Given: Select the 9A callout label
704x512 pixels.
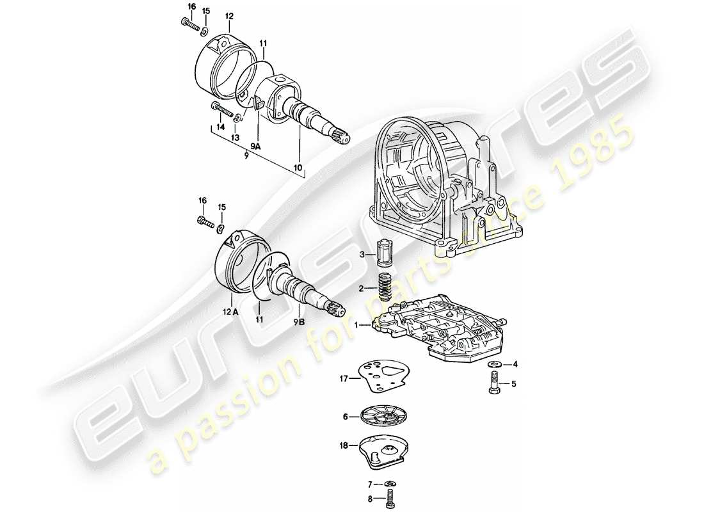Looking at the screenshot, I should (x=255, y=147).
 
